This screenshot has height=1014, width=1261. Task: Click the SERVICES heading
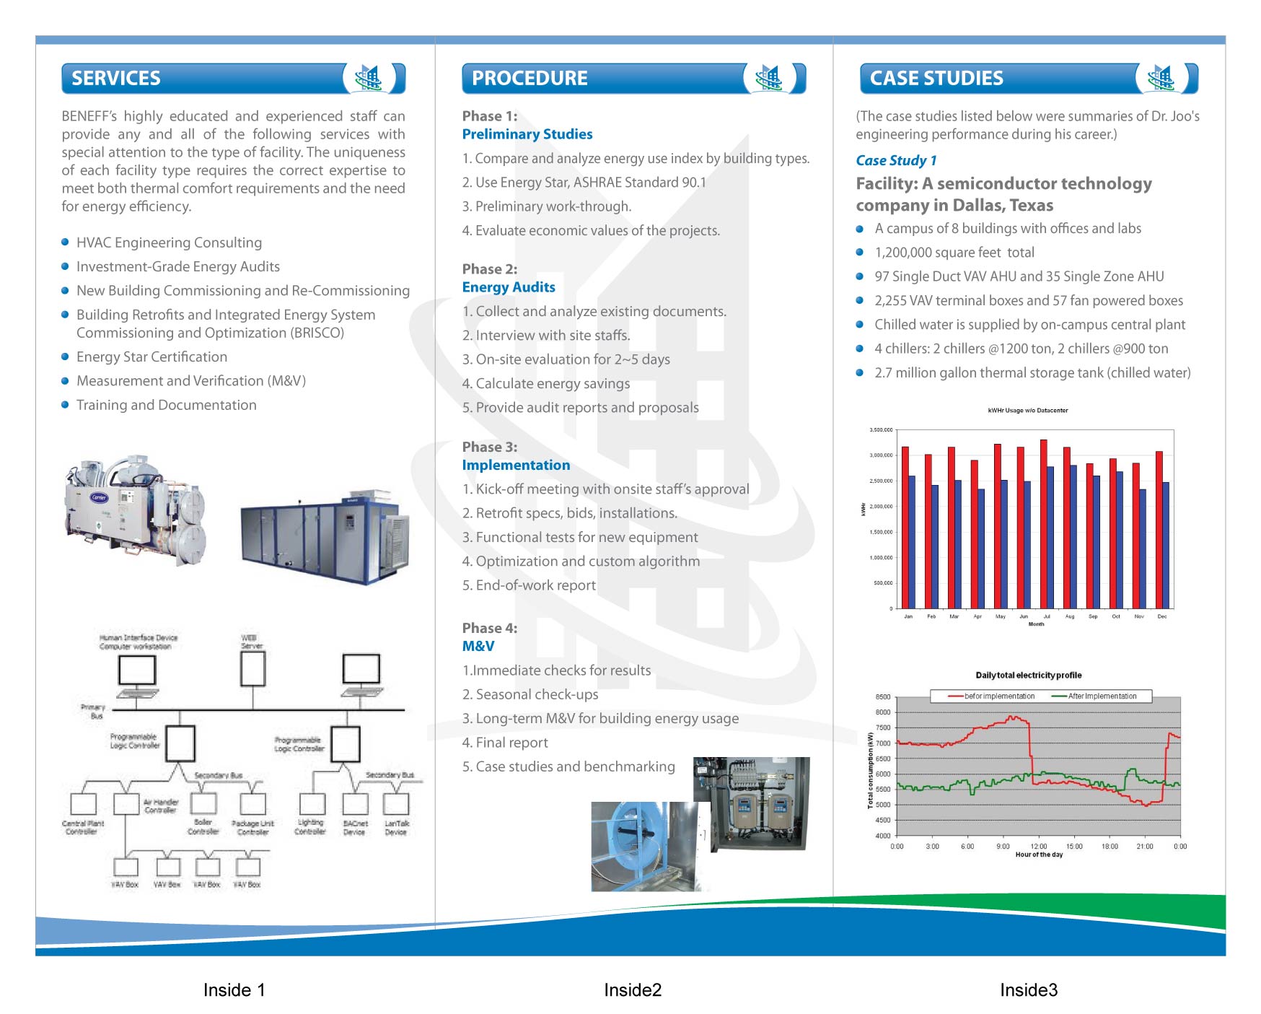click(116, 78)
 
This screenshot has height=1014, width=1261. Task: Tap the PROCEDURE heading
click(530, 78)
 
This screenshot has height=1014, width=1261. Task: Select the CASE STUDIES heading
click(936, 78)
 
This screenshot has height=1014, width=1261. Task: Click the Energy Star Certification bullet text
click(151, 357)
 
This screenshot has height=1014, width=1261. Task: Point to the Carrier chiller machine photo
click(136, 509)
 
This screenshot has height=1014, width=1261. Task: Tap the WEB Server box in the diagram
click(252, 668)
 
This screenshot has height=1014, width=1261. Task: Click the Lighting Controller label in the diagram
click(310, 827)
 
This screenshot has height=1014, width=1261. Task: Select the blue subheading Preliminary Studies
click(527, 134)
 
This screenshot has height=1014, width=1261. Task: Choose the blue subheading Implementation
click(516, 465)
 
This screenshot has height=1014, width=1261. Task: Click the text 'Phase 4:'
click(490, 628)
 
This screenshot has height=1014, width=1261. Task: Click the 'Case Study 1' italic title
click(896, 160)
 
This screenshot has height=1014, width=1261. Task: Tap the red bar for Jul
click(1043, 524)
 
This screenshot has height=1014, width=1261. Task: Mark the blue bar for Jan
click(912, 542)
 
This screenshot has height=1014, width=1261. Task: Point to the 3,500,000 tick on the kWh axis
click(881, 430)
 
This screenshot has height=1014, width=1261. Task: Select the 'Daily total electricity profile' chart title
click(1028, 676)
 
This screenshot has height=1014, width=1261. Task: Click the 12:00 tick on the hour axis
click(1038, 847)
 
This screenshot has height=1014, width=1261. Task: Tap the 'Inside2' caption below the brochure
click(633, 990)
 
